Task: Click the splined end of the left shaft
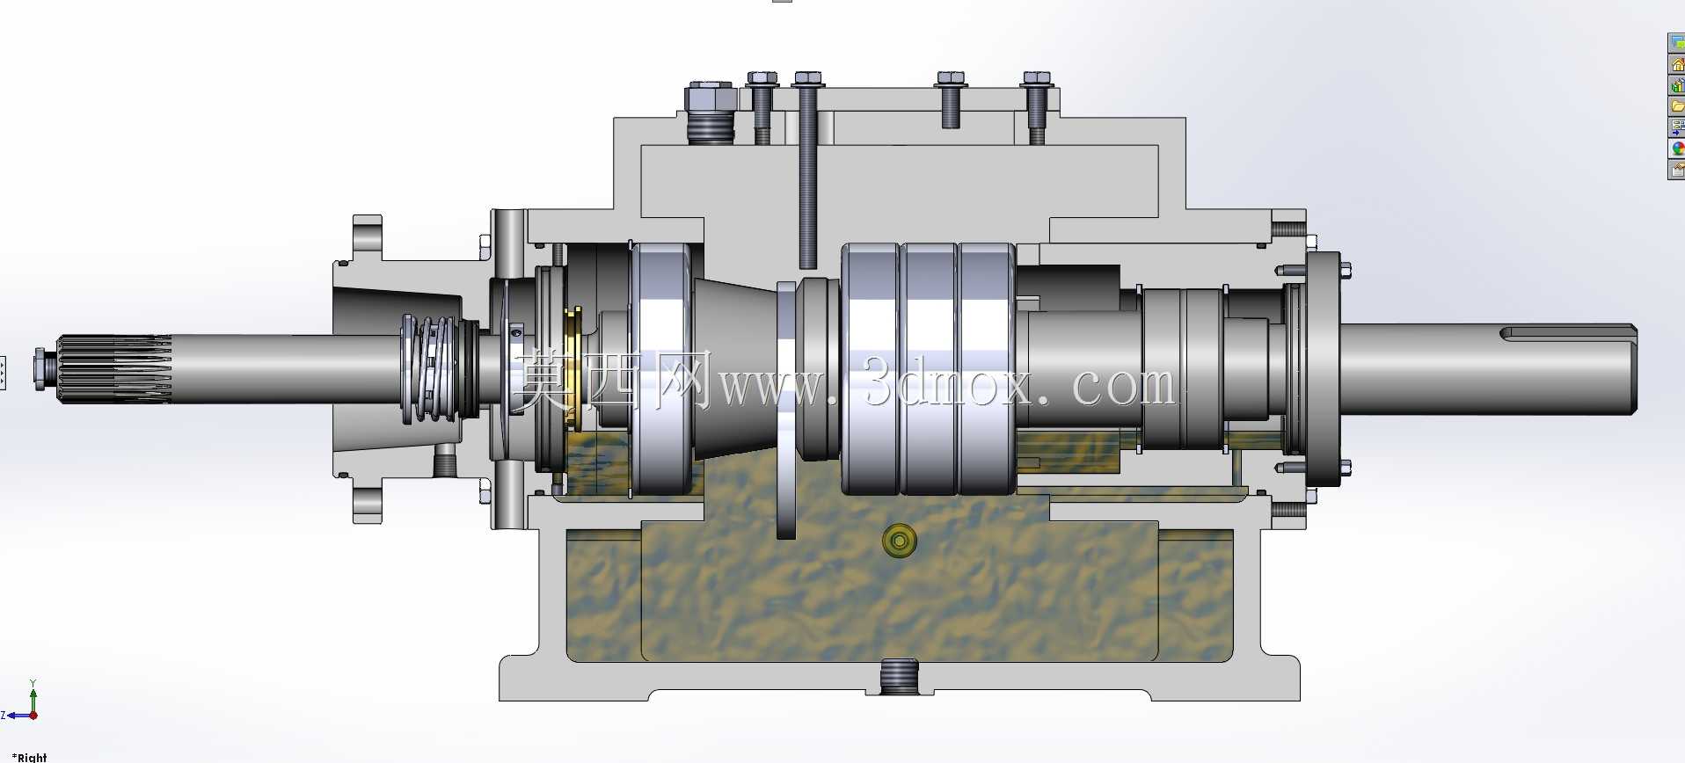coord(114,369)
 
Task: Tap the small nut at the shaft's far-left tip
coord(40,369)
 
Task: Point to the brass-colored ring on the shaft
coord(573,369)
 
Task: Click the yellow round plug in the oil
coord(899,541)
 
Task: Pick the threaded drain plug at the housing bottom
coord(899,677)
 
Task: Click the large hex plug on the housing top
coord(710,112)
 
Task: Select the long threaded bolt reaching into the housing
coord(807,171)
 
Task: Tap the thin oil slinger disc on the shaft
coord(786,410)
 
